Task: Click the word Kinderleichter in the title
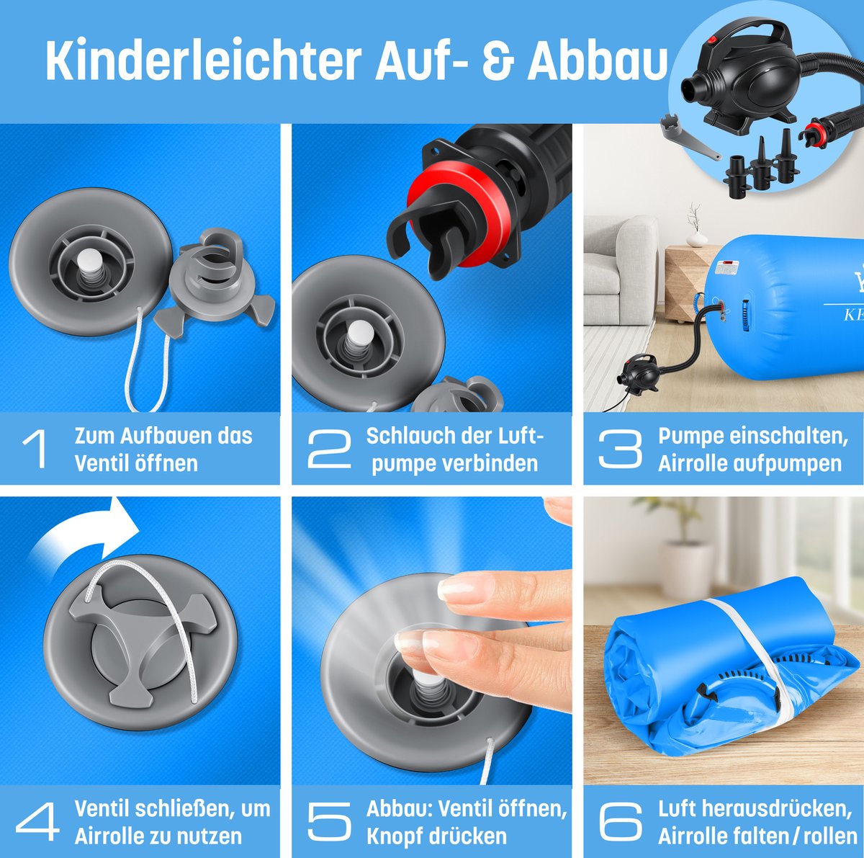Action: pyautogui.click(x=204, y=61)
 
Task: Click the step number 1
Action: pyautogui.click(x=34, y=449)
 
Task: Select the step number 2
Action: pyautogui.click(x=329, y=449)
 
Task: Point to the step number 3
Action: pyautogui.click(x=620, y=449)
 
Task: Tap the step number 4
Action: pyautogui.click(x=37, y=822)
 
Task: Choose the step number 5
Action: pyautogui.click(x=329, y=822)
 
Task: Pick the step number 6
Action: pyautogui.click(x=621, y=822)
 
